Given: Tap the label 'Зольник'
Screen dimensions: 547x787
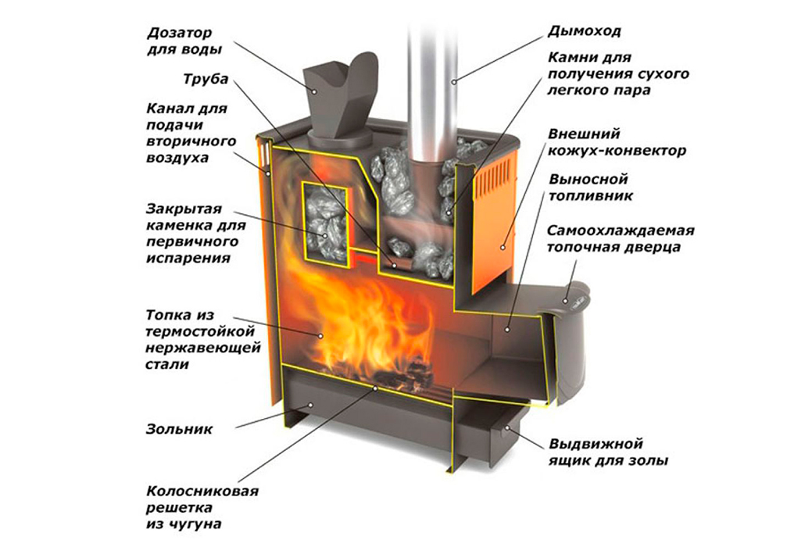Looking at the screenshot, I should pyautogui.click(x=178, y=428).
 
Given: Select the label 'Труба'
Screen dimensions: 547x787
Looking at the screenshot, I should pyautogui.click(x=205, y=79).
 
